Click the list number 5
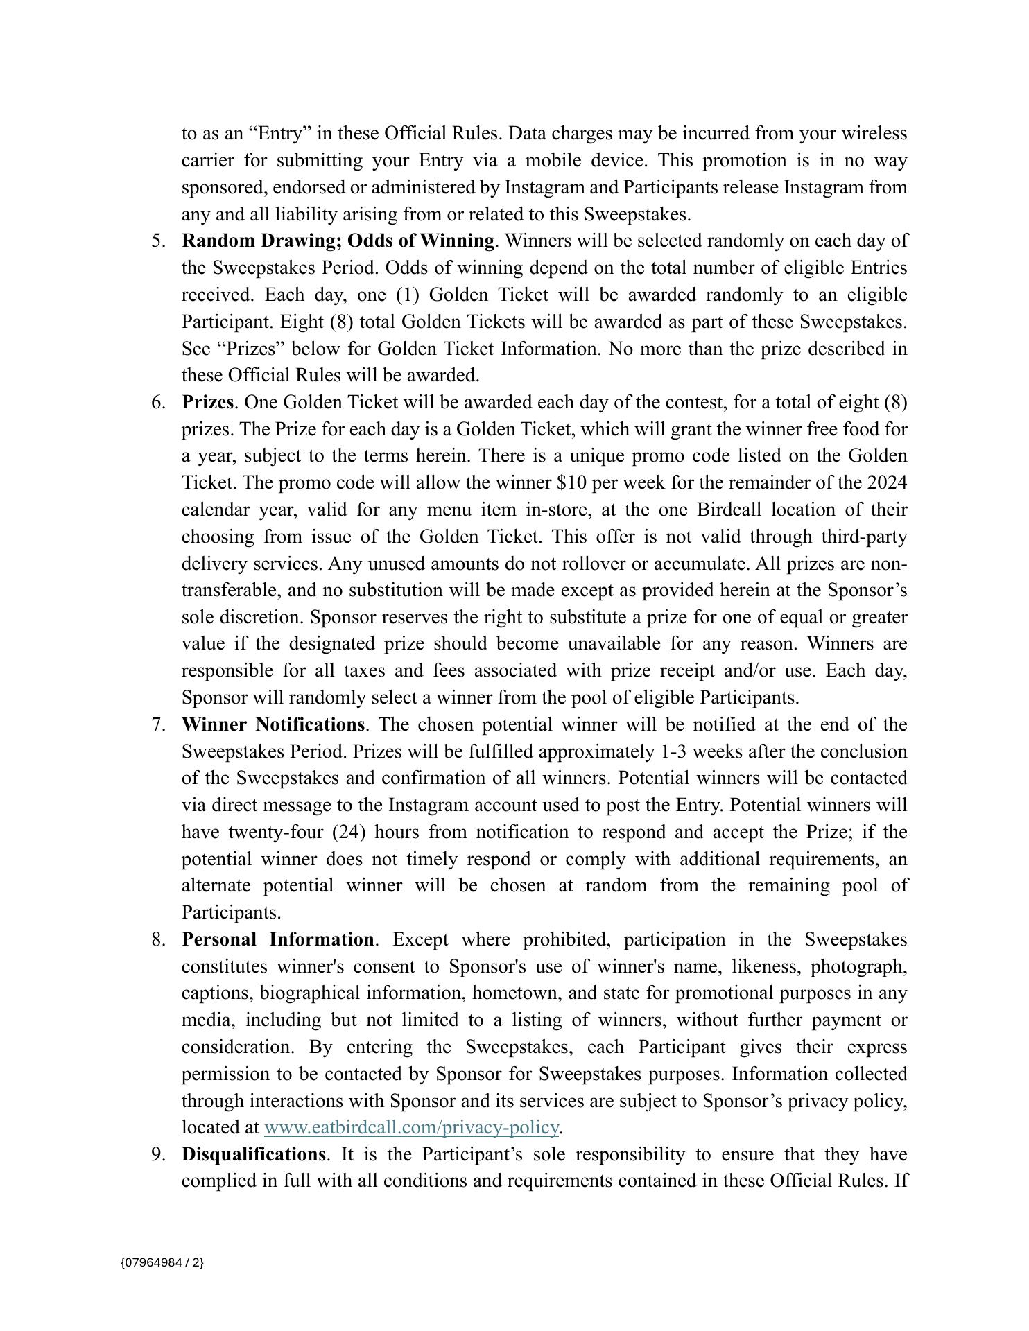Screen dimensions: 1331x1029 pos(157,241)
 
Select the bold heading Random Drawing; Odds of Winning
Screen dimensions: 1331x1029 pos(338,241)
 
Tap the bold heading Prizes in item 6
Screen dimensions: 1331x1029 pos(207,403)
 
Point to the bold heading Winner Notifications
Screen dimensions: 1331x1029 pos(273,725)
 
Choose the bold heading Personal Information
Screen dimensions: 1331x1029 pos(277,940)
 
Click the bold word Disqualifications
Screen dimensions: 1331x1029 pos(253,1155)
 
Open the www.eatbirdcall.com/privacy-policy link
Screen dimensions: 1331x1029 pos(411,1128)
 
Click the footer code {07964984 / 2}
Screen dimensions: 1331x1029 pos(162,1262)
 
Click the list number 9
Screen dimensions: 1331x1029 pos(157,1155)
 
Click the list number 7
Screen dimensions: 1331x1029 pos(157,725)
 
